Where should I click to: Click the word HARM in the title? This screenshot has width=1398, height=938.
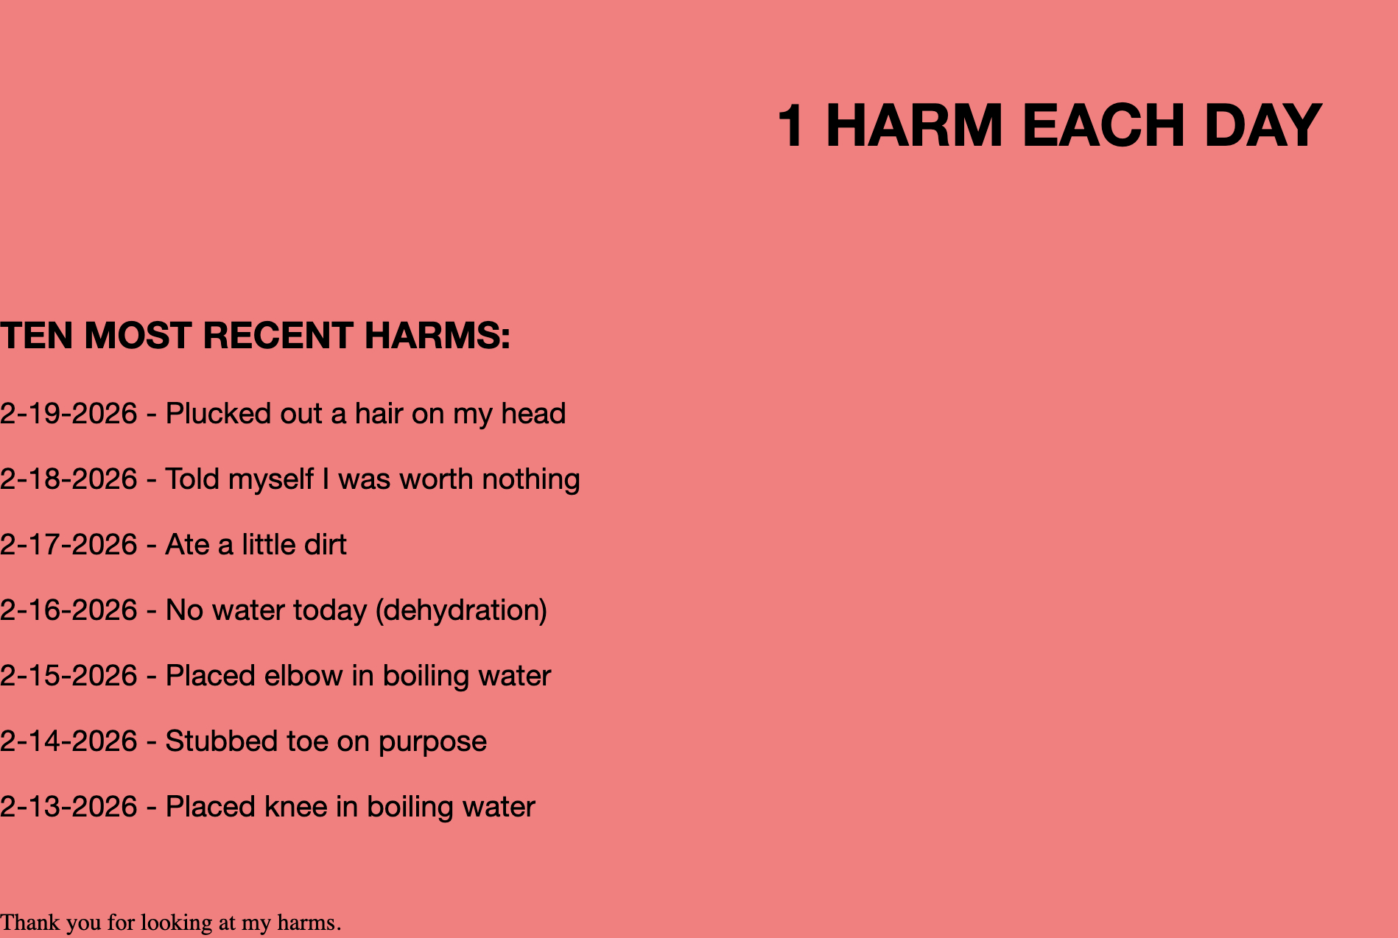914,126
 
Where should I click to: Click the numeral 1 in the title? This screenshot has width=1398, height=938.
791,126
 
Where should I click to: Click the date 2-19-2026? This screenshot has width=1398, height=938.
69,414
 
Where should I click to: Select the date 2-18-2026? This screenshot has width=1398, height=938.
69,479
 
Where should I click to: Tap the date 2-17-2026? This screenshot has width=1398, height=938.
69,545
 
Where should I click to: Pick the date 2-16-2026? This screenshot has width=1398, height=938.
69,610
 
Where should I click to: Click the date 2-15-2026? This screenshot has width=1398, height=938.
69,676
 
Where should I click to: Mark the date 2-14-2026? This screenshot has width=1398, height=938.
69,741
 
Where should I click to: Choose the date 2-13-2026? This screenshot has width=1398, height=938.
69,807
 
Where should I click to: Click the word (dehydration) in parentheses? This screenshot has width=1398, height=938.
461,611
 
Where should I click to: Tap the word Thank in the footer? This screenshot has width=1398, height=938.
29,923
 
